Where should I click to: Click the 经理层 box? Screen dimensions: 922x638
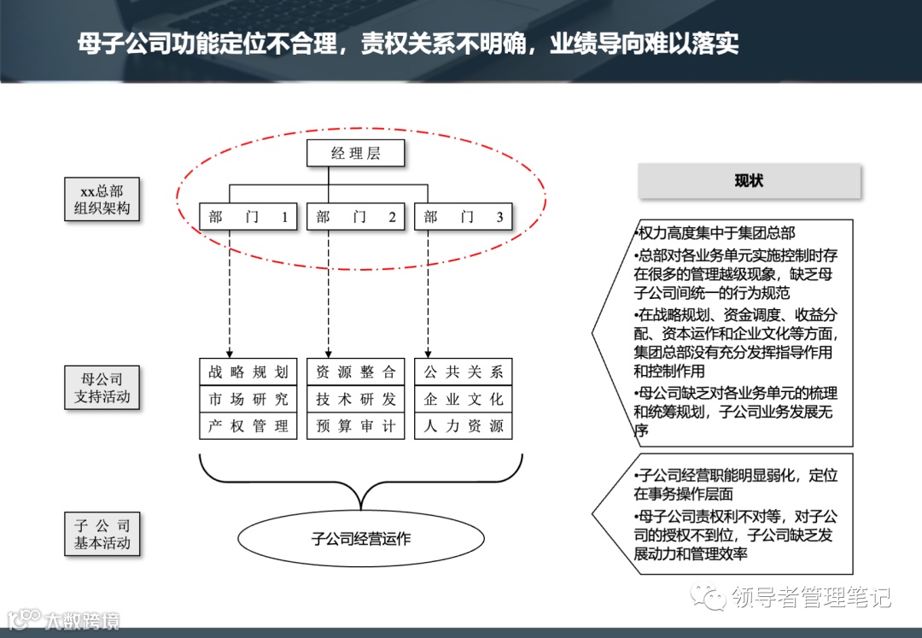pyautogui.click(x=356, y=154)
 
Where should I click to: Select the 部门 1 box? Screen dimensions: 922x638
pyautogui.click(x=248, y=217)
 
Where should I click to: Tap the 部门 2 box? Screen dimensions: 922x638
pyautogui.click(x=356, y=217)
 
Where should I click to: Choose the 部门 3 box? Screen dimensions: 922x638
pyautogui.click(x=464, y=217)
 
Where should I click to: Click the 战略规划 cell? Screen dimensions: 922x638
pyautogui.click(x=248, y=372)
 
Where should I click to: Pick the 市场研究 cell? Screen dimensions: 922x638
pyautogui.click(x=248, y=399)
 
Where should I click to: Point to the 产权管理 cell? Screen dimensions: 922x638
pyautogui.click(x=248, y=425)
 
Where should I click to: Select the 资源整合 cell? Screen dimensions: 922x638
pyautogui.click(x=356, y=372)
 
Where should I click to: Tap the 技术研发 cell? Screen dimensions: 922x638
pyautogui.click(x=356, y=399)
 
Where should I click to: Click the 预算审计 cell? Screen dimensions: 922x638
pyautogui.click(x=356, y=425)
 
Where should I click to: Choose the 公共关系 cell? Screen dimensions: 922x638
pyautogui.click(x=464, y=372)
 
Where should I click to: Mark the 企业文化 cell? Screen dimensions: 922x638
pyautogui.click(x=464, y=399)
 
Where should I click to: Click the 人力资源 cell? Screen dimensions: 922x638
pyautogui.click(x=464, y=425)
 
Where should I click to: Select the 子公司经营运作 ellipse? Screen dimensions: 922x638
pyautogui.click(x=361, y=539)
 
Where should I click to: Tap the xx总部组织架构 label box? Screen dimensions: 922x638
pyautogui.click(x=102, y=200)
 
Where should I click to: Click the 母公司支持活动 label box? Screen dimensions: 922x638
pyautogui.click(x=102, y=388)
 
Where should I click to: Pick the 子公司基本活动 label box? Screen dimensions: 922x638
pyautogui.click(x=102, y=534)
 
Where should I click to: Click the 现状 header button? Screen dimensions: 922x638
pyautogui.click(x=750, y=181)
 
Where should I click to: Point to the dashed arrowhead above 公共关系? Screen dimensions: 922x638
pyautogui.click(x=428, y=352)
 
